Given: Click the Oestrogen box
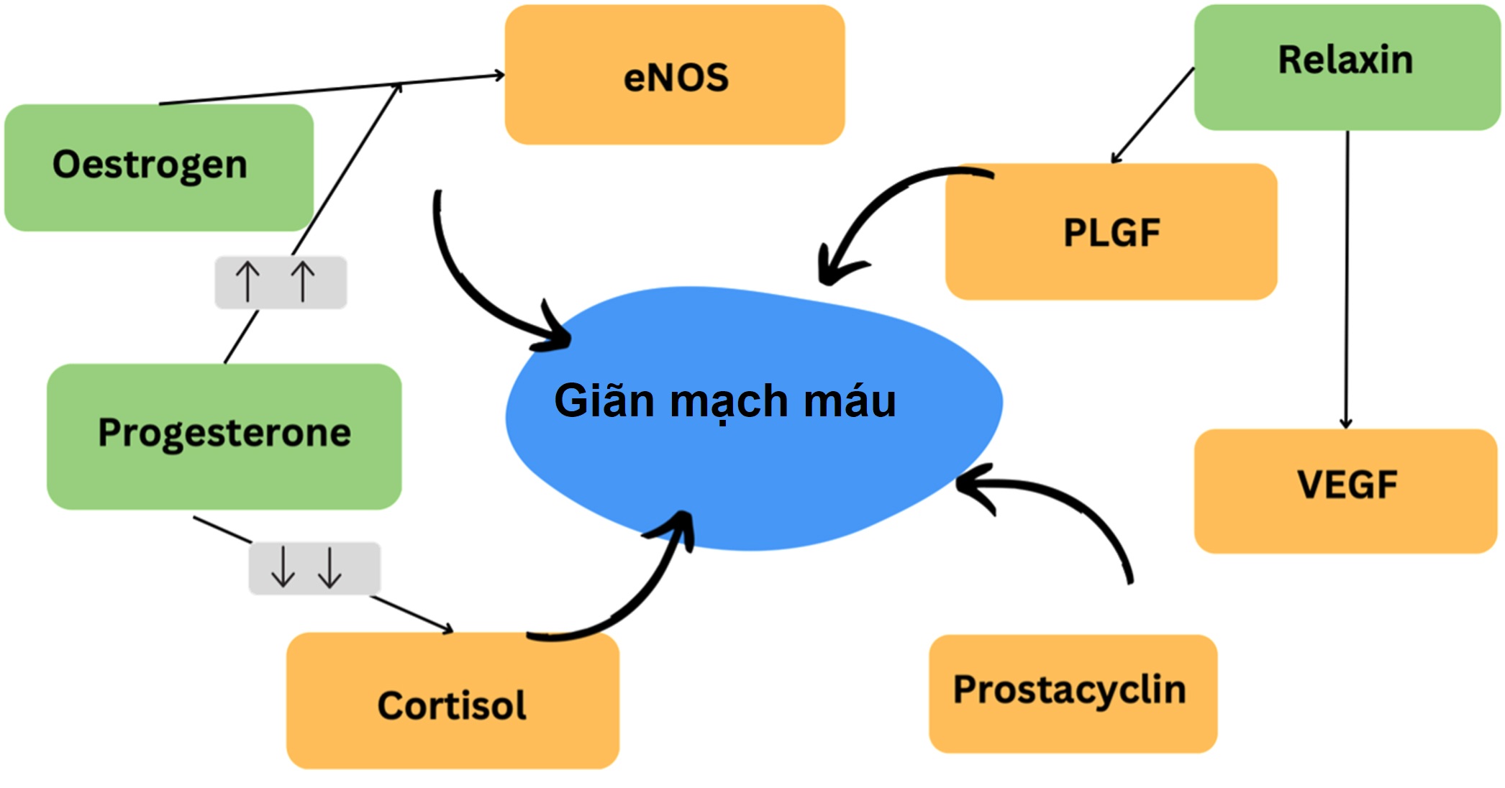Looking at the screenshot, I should [159, 167].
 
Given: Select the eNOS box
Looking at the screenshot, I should [675, 75].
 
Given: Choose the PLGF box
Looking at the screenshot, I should [1111, 232].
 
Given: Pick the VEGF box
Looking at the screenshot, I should [1345, 490].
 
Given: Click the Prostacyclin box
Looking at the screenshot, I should [1072, 693].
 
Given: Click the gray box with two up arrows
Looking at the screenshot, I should [281, 283].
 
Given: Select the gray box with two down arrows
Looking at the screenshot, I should [314, 568].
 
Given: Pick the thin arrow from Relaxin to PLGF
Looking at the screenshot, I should [1152, 115].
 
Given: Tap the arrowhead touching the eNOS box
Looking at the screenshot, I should [499, 75].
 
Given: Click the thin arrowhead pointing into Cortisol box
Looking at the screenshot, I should [447, 629].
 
